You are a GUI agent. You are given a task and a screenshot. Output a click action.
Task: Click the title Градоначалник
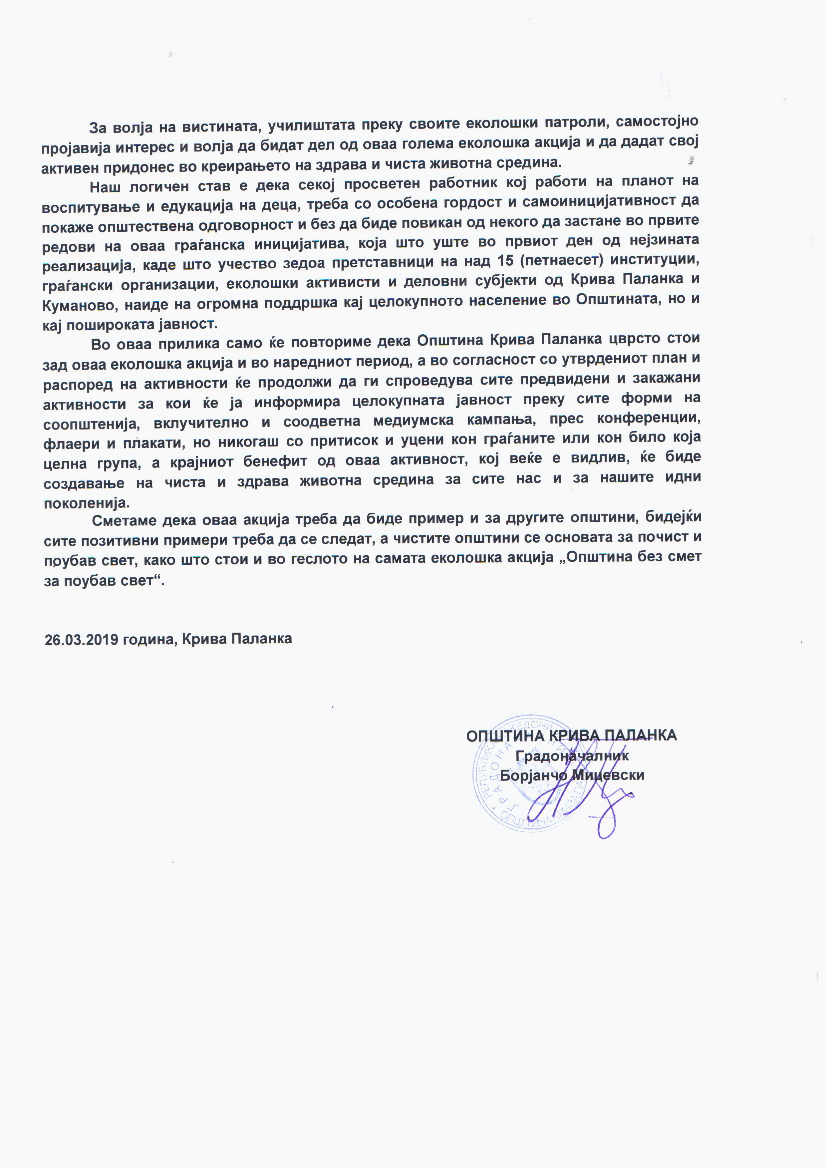click(572, 756)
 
